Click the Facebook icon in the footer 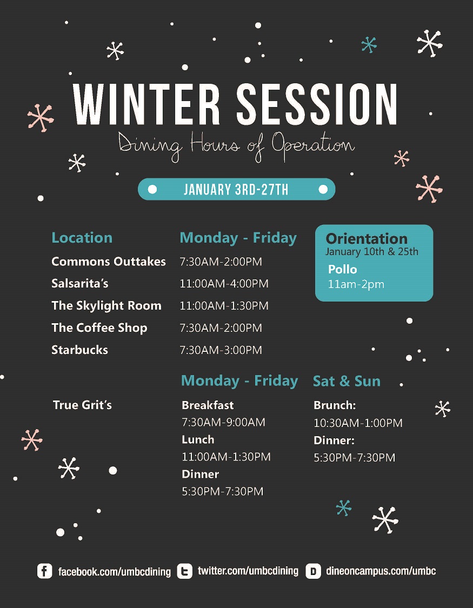point(44,571)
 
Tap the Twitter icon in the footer point(184,571)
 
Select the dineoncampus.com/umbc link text point(381,571)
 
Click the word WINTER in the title point(146,104)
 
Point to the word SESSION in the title point(317,104)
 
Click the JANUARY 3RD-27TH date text point(236,190)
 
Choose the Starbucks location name point(80,350)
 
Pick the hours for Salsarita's point(224,283)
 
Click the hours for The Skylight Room point(224,305)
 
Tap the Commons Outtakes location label point(109,262)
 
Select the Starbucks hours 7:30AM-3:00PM point(221,350)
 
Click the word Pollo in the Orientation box point(342,269)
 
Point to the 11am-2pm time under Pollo point(356,284)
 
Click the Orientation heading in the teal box point(367,238)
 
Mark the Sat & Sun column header point(347,381)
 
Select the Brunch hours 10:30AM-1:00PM point(358,423)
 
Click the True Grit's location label point(82,405)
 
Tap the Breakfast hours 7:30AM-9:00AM point(224,422)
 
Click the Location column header point(82,238)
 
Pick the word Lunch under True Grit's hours point(198,439)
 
